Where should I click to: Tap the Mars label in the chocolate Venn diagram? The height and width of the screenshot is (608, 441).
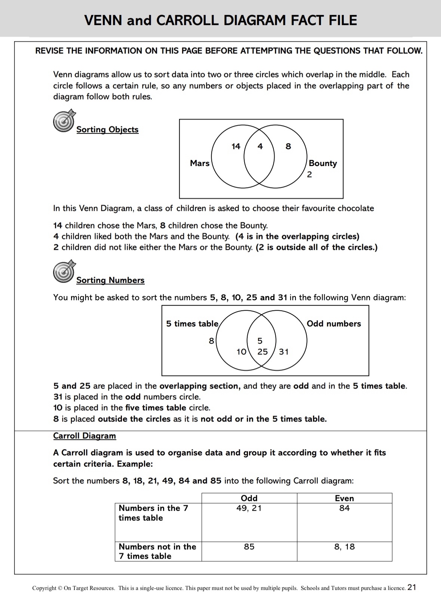(x=200, y=163)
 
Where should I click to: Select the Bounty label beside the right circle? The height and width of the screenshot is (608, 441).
(x=323, y=163)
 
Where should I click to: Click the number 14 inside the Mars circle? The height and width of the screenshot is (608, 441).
(x=236, y=147)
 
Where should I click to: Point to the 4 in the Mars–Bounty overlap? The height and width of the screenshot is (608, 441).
(x=260, y=147)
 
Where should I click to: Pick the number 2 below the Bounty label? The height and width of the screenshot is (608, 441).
(x=309, y=175)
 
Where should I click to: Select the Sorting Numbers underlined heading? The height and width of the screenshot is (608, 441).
(x=110, y=280)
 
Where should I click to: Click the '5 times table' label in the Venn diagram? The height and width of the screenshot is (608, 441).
(x=192, y=324)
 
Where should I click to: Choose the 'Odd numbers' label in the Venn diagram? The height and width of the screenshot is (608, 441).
(x=334, y=324)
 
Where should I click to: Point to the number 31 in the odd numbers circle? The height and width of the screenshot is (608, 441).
(x=284, y=352)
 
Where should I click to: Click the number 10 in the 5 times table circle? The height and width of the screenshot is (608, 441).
(x=242, y=352)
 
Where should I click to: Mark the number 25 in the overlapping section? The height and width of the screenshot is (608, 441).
(x=263, y=352)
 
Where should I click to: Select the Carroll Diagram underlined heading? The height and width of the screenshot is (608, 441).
(x=85, y=436)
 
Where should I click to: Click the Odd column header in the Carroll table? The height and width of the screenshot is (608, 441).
(x=249, y=498)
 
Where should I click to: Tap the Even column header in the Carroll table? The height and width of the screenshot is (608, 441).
(x=344, y=498)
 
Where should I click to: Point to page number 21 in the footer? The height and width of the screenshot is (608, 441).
(x=412, y=587)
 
